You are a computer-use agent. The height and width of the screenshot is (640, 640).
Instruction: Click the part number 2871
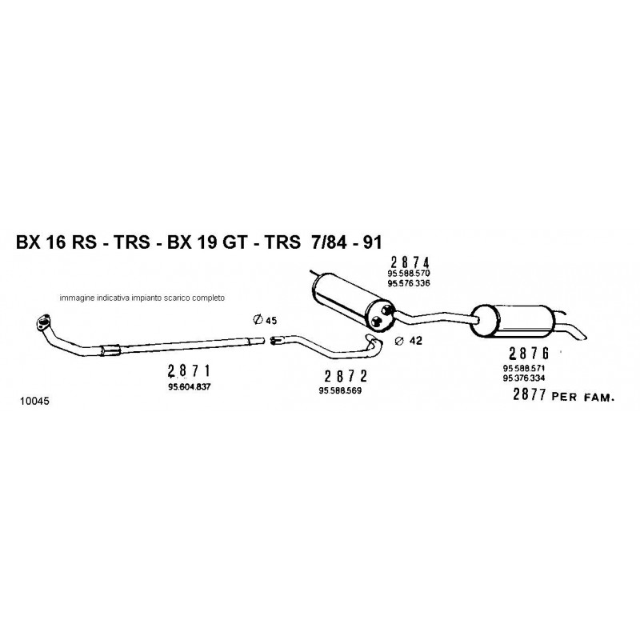tap(189, 370)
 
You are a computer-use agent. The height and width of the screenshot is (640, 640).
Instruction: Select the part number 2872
tap(346, 375)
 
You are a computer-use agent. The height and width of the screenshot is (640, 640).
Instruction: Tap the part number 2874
tap(410, 262)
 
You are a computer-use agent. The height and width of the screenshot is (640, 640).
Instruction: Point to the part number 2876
tap(529, 353)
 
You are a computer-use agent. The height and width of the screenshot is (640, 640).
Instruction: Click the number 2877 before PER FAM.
tap(530, 394)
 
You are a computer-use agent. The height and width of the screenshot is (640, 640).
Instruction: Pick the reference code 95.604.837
tap(189, 387)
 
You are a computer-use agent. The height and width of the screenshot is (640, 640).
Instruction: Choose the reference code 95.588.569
tap(340, 390)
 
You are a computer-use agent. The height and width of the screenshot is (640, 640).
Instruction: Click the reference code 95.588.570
tap(409, 274)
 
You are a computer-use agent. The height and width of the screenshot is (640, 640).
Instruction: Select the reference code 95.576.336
tap(409, 283)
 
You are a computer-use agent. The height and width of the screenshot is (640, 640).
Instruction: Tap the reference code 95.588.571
tap(524, 368)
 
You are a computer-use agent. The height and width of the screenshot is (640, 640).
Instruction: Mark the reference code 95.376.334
tap(524, 378)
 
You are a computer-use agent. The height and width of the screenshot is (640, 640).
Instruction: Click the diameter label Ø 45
tap(265, 320)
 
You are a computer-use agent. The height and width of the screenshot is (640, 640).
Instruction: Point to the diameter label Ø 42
tap(409, 341)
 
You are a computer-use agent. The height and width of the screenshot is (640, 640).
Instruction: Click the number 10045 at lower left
tap(34, 402)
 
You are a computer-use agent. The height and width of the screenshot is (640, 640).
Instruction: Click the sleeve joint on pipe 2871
tap(110, 350)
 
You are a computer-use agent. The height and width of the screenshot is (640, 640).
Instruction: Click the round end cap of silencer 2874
tap(381, 315)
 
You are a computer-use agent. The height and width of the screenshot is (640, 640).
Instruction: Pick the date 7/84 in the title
tap(329, 242)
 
